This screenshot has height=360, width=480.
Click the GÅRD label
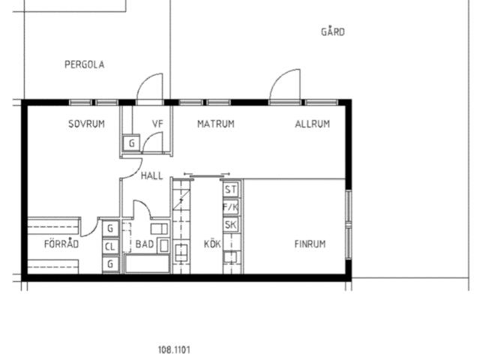[333, 31]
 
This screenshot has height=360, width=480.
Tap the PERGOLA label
[85, 64]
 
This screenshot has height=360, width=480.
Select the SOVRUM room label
[87, 124]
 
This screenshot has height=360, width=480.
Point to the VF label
[157, 124]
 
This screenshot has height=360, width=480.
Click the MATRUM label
[216, 124]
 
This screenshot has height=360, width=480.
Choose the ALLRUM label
[313, 124]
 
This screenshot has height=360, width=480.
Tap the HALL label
[151, 176]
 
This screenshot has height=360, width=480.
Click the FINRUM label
[310, 244]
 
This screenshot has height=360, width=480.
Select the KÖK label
[212, 244]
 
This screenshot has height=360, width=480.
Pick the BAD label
[145, 244]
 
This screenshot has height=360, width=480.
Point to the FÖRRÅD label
[61, 243]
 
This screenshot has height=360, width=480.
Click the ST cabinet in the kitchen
[231, 190]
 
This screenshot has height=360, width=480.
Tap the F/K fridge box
[231, 207]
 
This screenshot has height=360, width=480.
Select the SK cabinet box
[231, 225]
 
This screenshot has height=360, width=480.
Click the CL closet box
[110, 247]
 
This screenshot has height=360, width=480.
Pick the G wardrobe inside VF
[132, 143]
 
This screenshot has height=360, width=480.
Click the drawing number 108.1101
[174, 349]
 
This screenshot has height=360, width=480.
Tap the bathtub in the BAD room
[147, 264]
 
